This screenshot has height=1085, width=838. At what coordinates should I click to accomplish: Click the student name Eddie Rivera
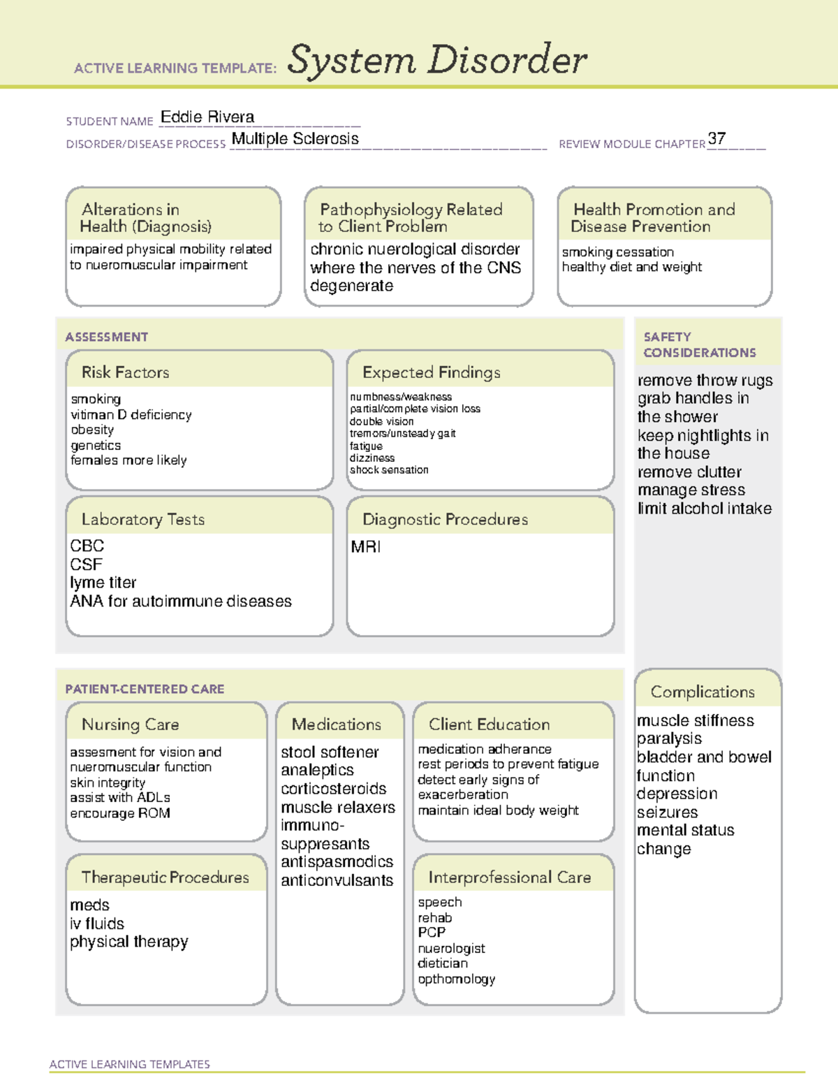(x=207, y=117)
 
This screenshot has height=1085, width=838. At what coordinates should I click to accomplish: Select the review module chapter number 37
(x=716, y=138)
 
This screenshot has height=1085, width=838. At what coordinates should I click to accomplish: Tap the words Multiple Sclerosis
(x=295, y=139)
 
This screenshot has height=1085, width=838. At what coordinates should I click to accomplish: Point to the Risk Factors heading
(x=125, y=372)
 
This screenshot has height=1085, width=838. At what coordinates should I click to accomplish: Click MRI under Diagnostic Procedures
(x=366, y=546)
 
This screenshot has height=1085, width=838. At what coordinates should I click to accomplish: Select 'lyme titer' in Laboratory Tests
(x=103, y=583)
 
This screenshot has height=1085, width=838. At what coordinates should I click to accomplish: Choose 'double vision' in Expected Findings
(x=381, y=421)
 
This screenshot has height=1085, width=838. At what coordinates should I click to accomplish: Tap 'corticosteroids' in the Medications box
(x=333, y=789)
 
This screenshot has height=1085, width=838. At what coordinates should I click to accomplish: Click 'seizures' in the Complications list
(x=667, y=813)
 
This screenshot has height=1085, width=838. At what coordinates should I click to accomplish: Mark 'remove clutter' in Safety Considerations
(x=689, y=472)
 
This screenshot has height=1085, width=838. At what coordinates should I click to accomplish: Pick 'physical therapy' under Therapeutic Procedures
(x=129, y=942)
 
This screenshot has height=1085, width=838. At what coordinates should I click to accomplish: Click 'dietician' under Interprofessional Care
(x=443, y=963)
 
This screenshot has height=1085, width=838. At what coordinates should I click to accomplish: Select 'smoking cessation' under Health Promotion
(x=617, y=252)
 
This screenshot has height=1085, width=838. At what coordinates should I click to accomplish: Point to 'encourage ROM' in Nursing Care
(x=120, y=813)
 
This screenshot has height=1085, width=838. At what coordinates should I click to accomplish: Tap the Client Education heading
(x=489, y=724)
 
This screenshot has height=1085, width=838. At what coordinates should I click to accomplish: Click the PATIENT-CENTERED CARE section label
(x=145, y=689)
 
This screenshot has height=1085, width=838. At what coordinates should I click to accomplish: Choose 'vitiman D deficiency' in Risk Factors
(x=131, y=415)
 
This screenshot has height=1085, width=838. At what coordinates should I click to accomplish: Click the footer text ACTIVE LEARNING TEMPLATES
(x=130, y=1064)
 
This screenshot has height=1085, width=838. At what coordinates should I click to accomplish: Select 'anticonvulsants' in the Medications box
(x=337, y=880)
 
